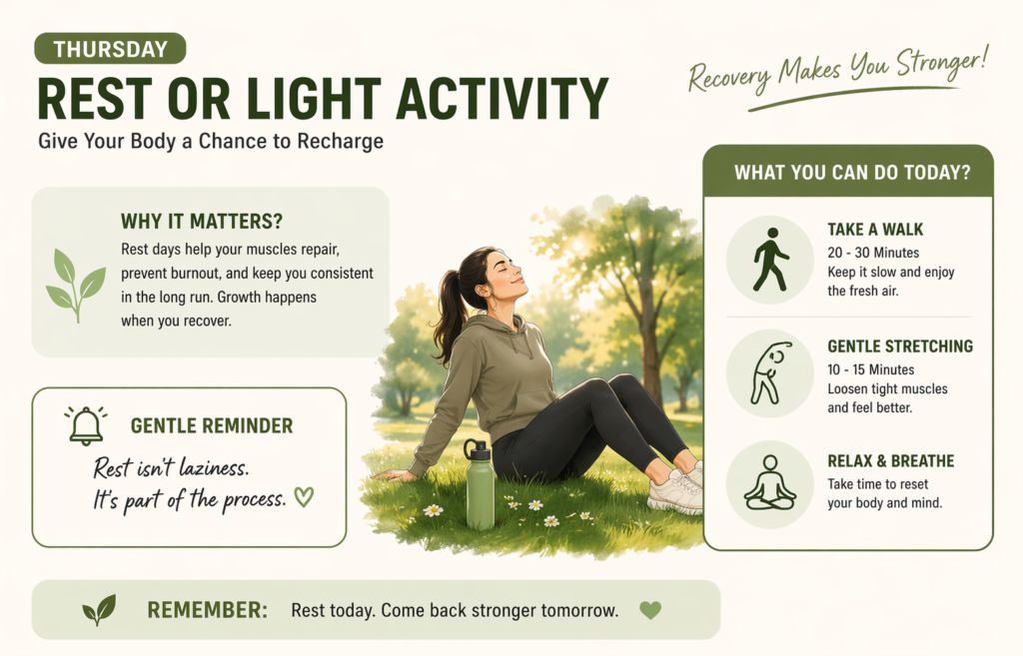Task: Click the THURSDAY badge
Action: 110,49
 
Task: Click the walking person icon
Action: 769,260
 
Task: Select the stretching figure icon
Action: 769,372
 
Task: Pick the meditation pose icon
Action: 769,483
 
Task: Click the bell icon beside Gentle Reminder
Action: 86,425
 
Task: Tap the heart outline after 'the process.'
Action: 304,496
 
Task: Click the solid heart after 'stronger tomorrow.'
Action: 650,609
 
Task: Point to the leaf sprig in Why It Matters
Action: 75,284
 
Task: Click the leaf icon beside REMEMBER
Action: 99,609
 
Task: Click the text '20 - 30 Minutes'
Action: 873,253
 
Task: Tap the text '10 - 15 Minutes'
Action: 871,369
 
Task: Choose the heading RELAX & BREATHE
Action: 890,461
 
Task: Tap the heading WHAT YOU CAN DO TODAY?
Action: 852,172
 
